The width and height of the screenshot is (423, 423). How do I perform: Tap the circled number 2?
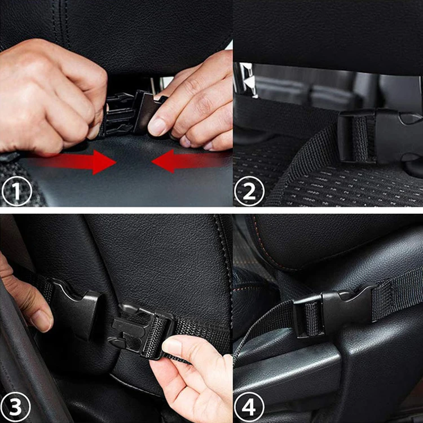tap(249, 191)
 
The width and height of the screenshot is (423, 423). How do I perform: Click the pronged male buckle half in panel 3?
tap(138, 330)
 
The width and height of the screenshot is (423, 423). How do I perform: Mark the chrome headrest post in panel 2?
tap(244, 79)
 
